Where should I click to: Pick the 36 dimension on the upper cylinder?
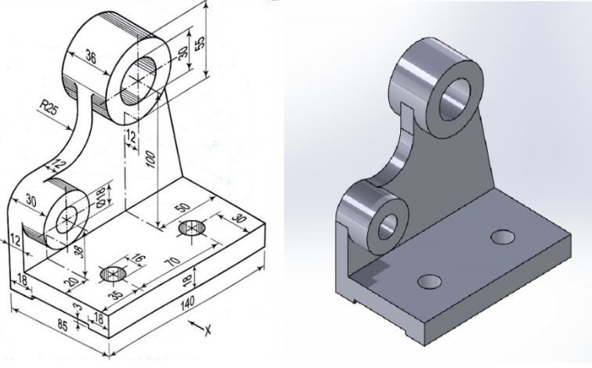(90, 57)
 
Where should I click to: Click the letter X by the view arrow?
(209, 331)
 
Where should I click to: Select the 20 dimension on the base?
(72, 284)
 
